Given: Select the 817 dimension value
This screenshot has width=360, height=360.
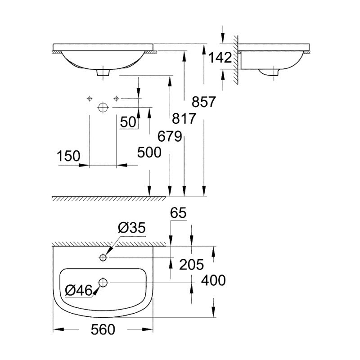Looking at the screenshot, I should tap(184, 119).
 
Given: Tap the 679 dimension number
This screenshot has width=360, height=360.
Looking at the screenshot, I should tap(169, 135).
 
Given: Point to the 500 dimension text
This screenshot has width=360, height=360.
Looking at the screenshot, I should tap(149, 153).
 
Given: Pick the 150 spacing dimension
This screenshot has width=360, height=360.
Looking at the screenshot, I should tap(68, 156).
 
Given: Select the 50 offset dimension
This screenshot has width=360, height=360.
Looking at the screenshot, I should tap(128, 122).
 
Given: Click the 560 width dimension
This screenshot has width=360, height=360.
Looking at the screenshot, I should tap(103, 330).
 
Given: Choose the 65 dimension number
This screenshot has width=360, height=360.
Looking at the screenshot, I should tap(178, 212).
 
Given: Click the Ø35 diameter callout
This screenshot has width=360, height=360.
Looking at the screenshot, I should tap(132, 228).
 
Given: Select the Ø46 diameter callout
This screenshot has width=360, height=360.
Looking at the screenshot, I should tap(79, 290).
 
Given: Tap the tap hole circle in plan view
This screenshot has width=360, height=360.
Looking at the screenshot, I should tap(103, 257).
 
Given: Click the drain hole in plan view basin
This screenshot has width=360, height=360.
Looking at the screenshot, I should tap(103, 283).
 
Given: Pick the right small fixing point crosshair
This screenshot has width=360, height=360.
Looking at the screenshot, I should tap(117, 98).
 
